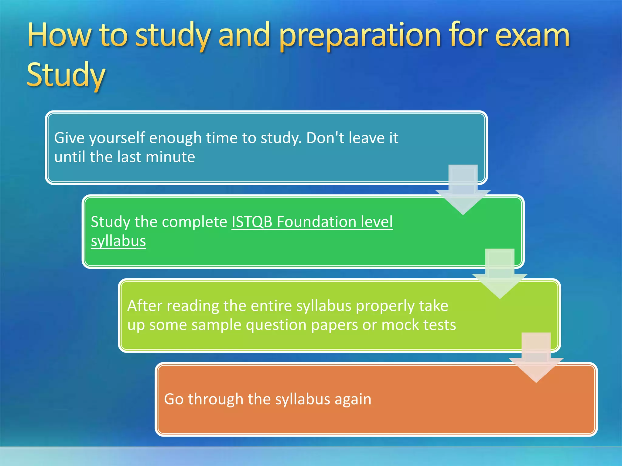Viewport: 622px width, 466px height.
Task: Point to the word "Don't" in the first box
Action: pos(325,138)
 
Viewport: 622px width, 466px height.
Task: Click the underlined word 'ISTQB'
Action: pos(252,222)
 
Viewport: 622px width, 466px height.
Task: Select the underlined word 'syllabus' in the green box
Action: pos(118,241)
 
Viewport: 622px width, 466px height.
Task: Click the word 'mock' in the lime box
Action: pos(400,325)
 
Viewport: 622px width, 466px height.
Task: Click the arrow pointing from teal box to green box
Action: pos(463,191)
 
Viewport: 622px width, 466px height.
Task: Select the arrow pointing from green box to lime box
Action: pos(500,275)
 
